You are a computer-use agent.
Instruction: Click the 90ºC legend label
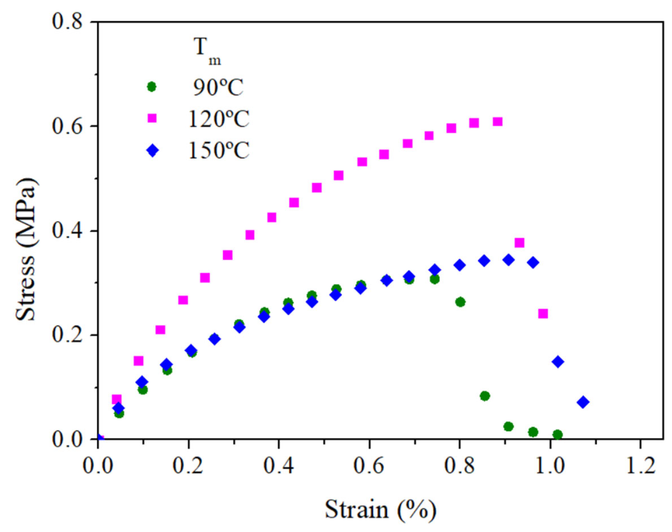(218, 88)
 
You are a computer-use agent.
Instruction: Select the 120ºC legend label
(219, 119)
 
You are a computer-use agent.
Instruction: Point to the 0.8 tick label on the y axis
(68, 22)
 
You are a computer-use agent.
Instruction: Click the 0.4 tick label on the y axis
(68, 231)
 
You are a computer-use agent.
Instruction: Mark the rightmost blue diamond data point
(583, 402)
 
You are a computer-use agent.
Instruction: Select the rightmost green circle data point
(557, 434)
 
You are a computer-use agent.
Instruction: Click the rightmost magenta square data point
(543, 314)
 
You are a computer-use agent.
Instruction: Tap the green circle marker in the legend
(152, 87)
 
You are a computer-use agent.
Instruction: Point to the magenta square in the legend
(152, 118)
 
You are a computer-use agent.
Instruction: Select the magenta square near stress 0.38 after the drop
(520, 243)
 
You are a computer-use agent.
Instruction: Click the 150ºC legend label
(219, 151)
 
